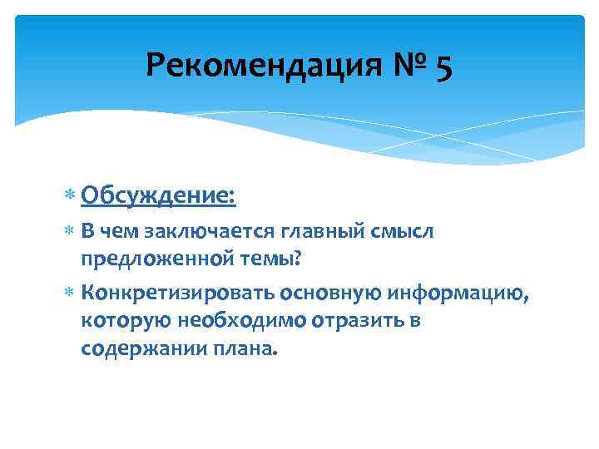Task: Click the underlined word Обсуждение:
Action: (x=159, y=196)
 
